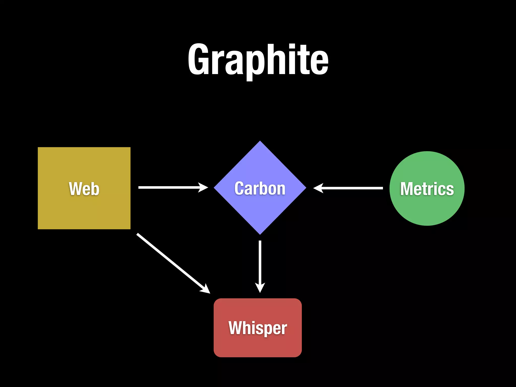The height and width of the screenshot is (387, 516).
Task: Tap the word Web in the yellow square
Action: pos(84,189)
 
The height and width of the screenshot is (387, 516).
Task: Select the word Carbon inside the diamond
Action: pos(260,188)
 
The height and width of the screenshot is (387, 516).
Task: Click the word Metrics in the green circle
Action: pos(427,189)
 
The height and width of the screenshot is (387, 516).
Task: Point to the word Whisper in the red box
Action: pos(257,328)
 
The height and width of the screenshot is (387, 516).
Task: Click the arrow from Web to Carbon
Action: pos(169,187)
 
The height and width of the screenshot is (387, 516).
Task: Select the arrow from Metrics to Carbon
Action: pos(353,188)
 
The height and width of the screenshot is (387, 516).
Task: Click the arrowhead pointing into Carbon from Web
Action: pos(204,187)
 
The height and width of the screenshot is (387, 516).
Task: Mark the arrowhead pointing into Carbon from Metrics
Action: pos(318,188)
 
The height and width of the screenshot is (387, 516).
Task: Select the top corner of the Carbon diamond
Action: pos(260,142)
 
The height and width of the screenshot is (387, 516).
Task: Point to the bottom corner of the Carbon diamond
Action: pos(260,234)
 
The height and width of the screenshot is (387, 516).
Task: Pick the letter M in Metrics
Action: pos(406,189)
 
